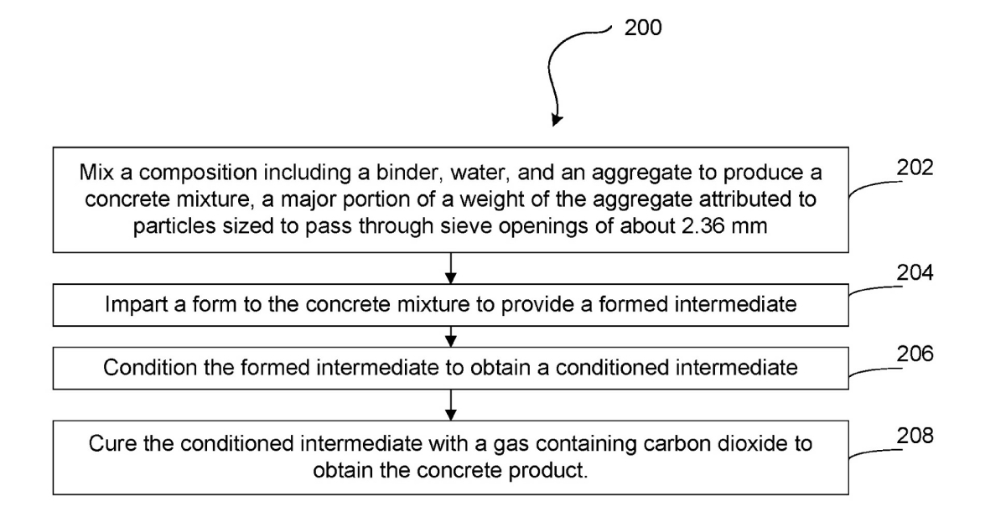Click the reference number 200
click(x=643, y=28)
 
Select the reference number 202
click(x=915, y=168)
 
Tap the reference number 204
click(x=915, y=272)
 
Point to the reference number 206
click(x=915, y=354)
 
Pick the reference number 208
click(x=915, y=436)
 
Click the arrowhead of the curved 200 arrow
click(x=557, y=121)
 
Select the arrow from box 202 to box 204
click(x=451, y=268)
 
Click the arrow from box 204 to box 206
click(x=451, y=336)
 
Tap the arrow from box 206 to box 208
click(x=451, y=405)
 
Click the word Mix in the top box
click(x=96, y=173)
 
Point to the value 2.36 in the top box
click(x=703, y=225)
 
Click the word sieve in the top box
click(x=466, y=225)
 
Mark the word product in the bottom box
click(x=547, y=470)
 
